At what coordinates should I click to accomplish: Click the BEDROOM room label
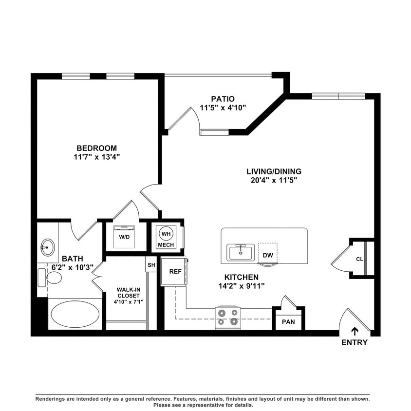click(x=96, y=148)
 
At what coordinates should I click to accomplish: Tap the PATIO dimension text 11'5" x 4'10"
click(x=223, y=108)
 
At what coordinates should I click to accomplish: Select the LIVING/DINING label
click(x=274, y=171)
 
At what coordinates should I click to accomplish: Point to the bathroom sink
click(x=47, y=247)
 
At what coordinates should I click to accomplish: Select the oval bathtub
click(x=75, y=314)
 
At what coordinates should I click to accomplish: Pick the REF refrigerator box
click(x=174, y=271)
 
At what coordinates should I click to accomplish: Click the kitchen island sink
click(x=240, y=252)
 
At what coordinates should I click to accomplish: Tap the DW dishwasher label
click(x=267, y=255)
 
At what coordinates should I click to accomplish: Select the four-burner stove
click(x=228, y=317)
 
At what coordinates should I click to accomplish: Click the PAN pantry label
click(x=288, y=321)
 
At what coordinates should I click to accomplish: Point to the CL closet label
click(x=359, y=259)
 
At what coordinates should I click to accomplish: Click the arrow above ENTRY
click(x=355, y=331)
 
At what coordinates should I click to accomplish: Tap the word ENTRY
click(x=354, y=343)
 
